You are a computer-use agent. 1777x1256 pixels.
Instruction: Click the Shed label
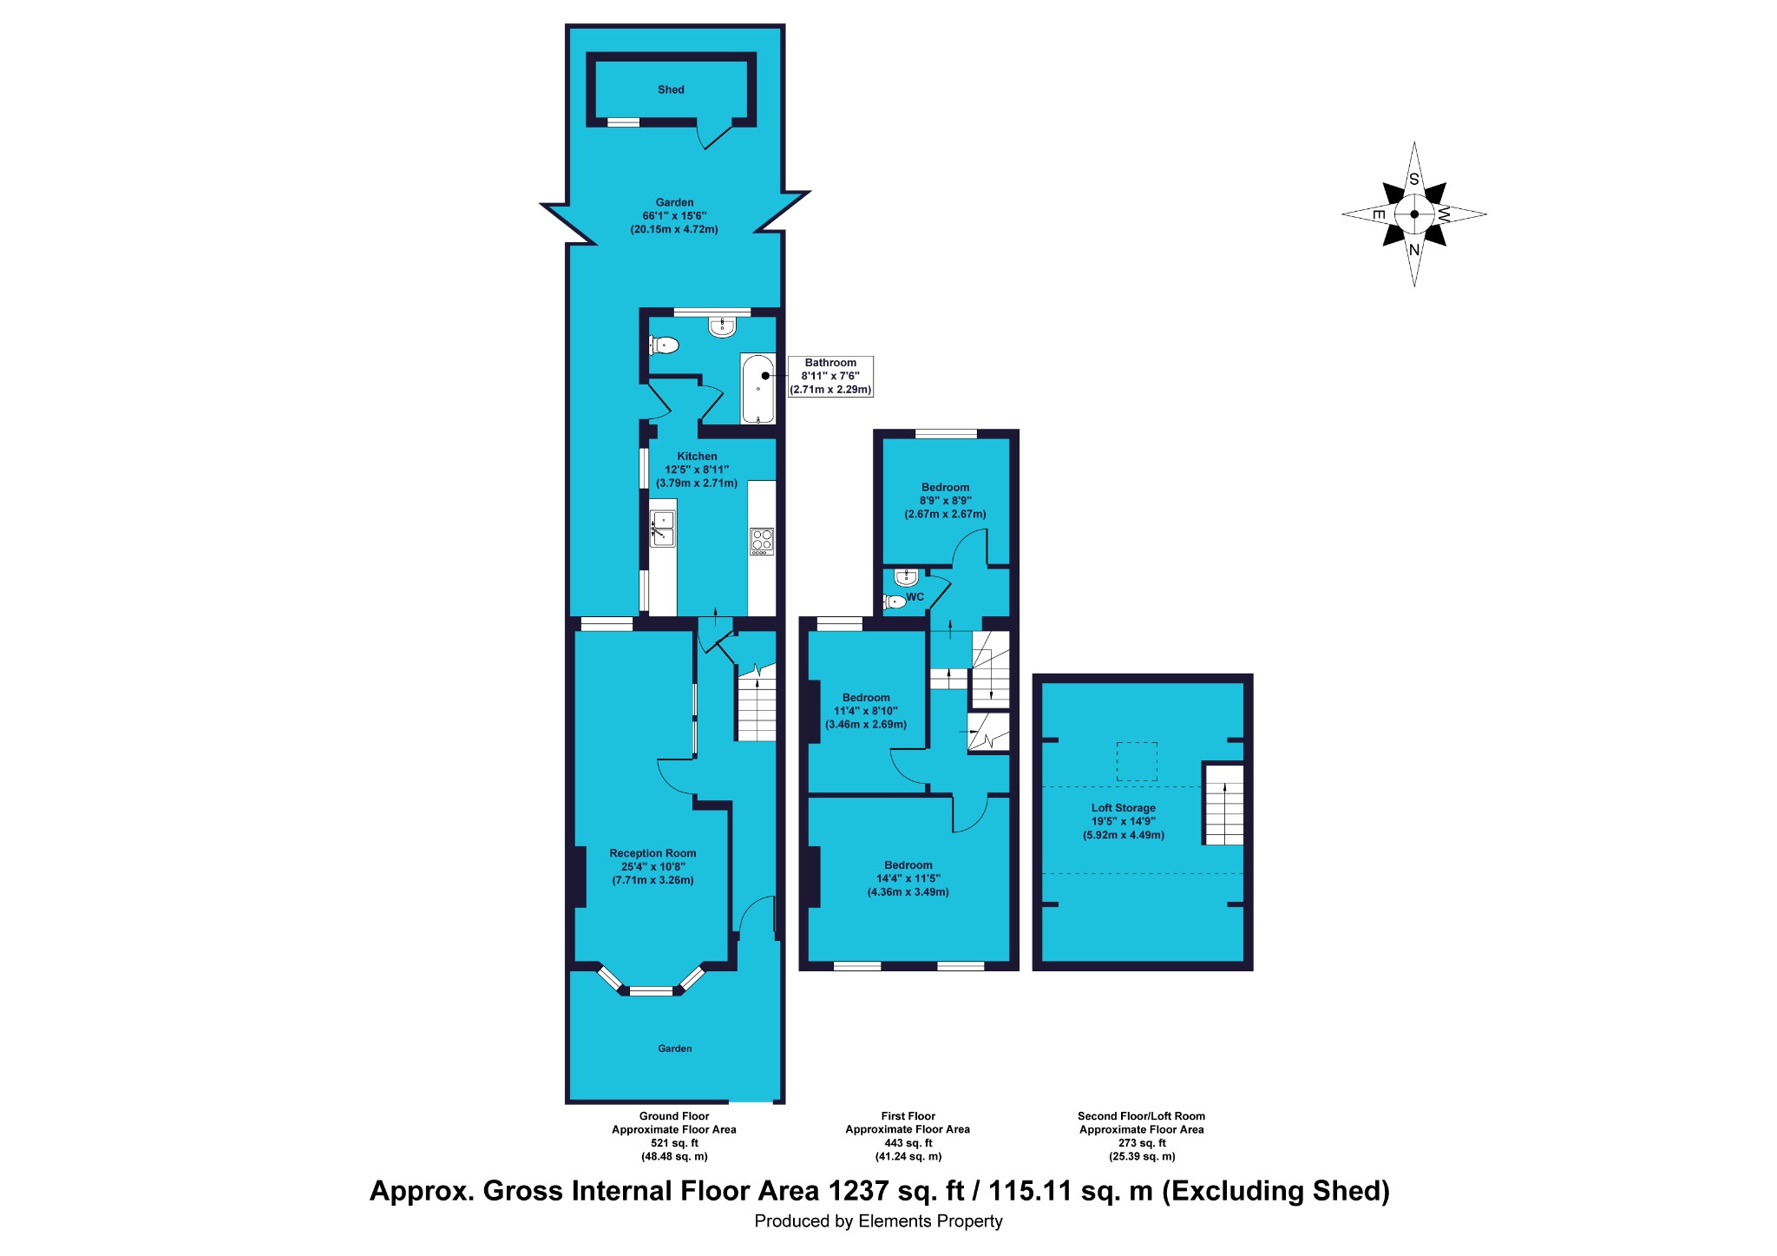point(671,89)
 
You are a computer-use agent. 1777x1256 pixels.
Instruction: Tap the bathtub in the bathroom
point(757,388)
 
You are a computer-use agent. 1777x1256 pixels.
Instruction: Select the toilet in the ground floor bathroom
point(664,345)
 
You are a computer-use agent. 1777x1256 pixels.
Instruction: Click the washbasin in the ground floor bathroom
point(722,326)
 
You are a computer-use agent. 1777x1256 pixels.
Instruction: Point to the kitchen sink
point(663,529)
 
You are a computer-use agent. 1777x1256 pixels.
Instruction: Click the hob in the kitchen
point(762,541)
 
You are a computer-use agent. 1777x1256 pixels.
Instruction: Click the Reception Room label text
point(652,853)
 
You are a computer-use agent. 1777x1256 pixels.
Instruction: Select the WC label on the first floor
point(915,597)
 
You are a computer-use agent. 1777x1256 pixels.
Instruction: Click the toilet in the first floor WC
point(895,601)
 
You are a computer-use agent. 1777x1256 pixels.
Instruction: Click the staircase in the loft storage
point(1223,805)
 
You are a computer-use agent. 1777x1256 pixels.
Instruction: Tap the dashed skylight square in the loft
point(1137,761)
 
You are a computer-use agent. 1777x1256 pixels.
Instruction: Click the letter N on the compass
point(1414,250)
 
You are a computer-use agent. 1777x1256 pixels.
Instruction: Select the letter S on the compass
point(1414,180)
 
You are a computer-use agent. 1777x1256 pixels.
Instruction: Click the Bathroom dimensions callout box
point(830,377)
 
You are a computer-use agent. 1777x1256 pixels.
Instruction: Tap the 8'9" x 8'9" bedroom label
point(946,501)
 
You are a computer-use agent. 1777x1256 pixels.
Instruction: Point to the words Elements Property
point(930,1221)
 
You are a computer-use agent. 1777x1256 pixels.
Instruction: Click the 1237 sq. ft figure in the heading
point(896,1191)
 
